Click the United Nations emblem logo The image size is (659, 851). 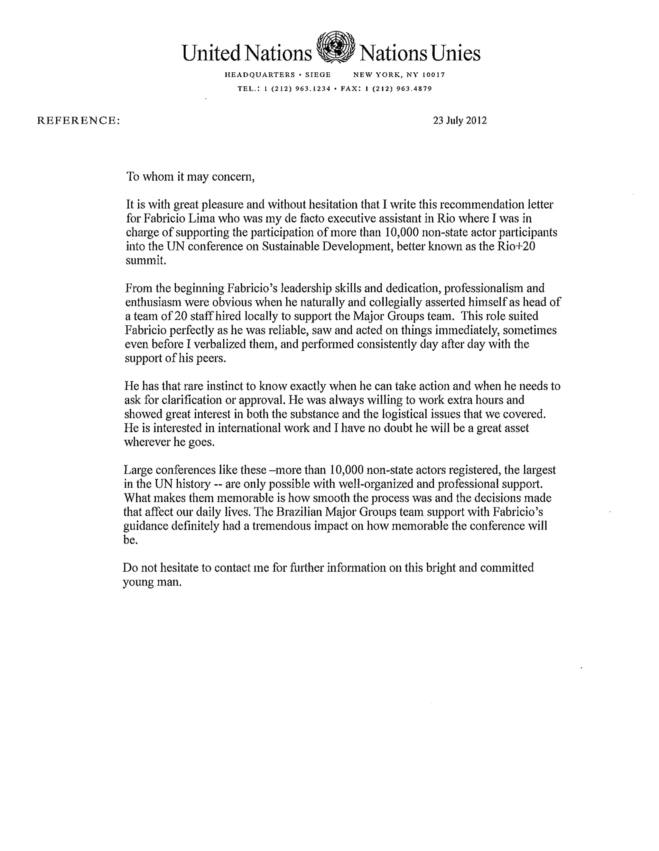tap(335, 48)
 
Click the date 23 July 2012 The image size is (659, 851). tap(459, 120)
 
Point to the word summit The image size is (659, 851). tap(146, 260)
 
